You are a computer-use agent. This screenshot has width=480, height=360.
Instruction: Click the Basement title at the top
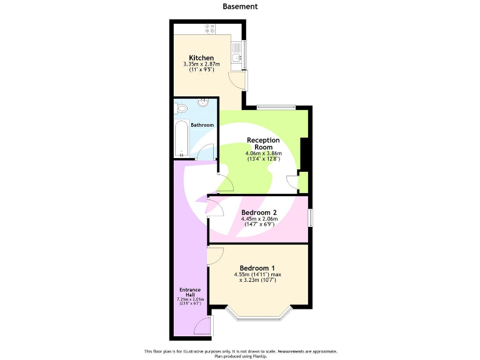pos(240,6)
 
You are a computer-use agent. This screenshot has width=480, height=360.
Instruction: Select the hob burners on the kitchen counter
pos(211,29)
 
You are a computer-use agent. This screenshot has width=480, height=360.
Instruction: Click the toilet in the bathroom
pos(182,109)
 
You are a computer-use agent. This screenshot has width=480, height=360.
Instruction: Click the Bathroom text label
pos(202,125)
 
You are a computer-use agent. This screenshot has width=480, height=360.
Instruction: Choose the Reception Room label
pos(263,143)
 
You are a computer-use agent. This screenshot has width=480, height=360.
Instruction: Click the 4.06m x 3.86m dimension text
pos(263,154)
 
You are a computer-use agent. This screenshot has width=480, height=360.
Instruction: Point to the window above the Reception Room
pos(276,106)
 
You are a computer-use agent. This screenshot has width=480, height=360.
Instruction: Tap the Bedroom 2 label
pos(259,212)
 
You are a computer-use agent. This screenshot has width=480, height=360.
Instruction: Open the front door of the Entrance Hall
pos(202,326)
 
